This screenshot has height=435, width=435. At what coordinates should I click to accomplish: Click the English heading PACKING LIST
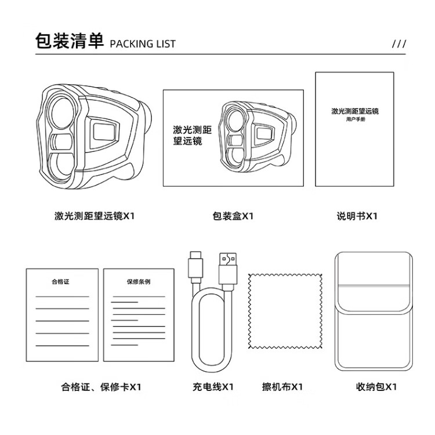(143, 44)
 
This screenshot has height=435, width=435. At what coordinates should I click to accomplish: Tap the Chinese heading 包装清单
(70, 41)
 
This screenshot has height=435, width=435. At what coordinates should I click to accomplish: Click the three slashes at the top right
(399, 43)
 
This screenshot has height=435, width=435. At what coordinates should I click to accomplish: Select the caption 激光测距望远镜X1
(95, 216)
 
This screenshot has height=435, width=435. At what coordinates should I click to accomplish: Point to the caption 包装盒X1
(233, 216)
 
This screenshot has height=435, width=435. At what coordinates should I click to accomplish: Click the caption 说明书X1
(357, 216)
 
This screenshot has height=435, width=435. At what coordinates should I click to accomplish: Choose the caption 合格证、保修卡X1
(101, 387)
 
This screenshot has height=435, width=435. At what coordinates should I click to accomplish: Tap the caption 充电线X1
(213, 387)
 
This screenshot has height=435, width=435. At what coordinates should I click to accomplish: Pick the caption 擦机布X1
(282, 387)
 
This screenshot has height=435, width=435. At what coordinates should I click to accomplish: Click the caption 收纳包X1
(376, 387)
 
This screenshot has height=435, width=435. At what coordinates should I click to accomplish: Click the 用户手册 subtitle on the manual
(356, 119)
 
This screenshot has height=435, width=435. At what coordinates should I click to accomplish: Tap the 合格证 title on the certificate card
(60, 282)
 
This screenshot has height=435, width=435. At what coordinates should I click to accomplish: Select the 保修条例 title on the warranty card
(139, 282)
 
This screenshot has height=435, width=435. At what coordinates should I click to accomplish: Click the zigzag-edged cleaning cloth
(285, 311)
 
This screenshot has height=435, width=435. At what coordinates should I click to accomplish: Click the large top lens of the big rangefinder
(61, 113)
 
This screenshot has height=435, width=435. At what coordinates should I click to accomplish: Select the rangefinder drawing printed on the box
(256, 136)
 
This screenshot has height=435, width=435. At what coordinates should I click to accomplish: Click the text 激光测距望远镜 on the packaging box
(192, 135)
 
